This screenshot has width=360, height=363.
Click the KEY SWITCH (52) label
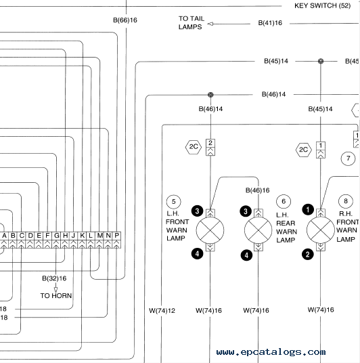(322, 5)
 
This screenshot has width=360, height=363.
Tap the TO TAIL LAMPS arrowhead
(210, 24)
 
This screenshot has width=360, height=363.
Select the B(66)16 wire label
(125, 20)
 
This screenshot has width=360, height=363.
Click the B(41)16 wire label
(270, 23)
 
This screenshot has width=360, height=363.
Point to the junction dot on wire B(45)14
(321, 61)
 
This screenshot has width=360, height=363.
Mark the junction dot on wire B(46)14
(210, 95)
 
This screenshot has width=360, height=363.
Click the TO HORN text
(56, 296)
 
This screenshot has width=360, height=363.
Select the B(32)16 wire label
(54, 278)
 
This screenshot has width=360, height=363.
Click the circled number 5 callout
(173, 202)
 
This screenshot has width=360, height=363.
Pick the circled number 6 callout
(284, 201)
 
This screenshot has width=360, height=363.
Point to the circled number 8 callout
(346, 201)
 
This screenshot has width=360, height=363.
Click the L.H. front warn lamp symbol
(210, 230)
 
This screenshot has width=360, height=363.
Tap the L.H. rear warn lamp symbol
(258, 230)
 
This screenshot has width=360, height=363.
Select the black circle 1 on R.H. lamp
(308, 210)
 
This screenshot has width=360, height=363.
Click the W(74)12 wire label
(162, 310)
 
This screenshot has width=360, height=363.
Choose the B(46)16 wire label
(258, 190)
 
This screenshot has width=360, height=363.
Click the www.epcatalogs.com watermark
(271, 352)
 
